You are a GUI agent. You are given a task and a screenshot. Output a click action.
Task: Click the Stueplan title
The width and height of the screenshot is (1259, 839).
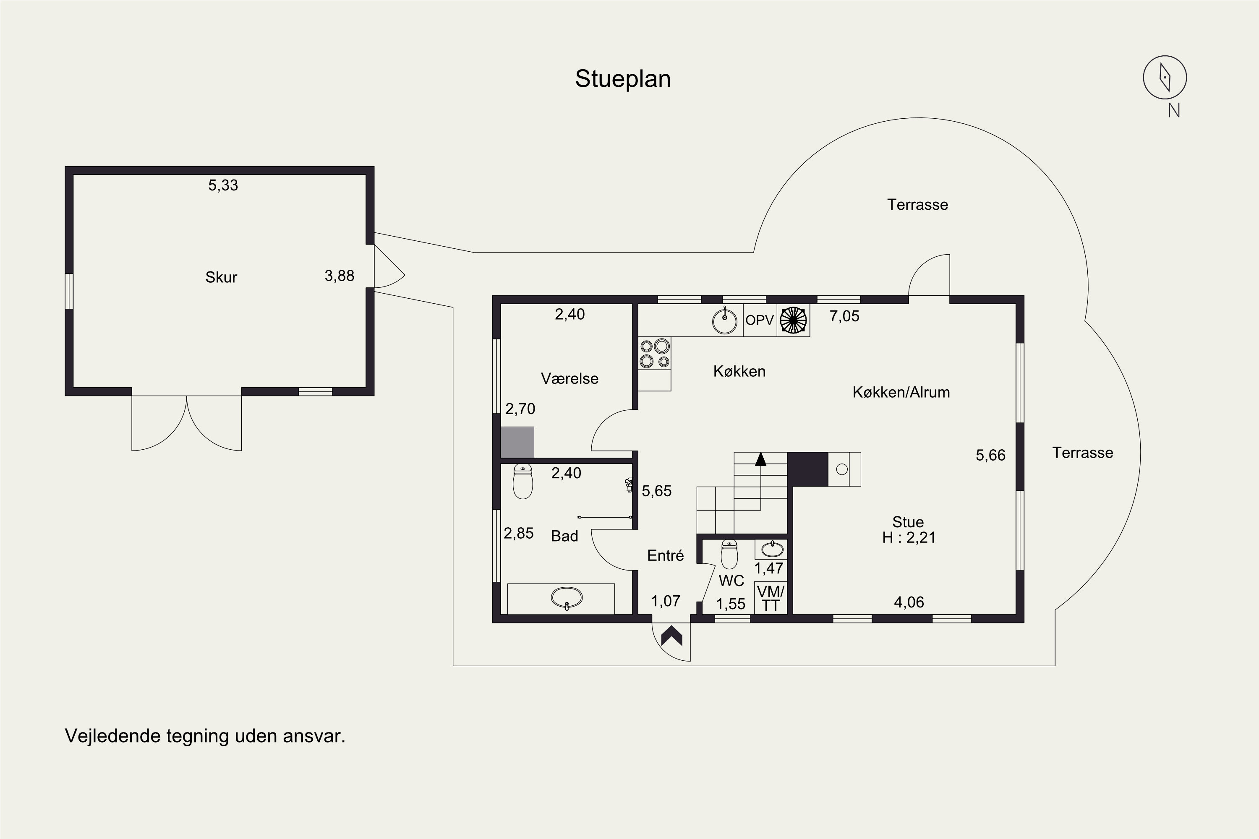[623, 79]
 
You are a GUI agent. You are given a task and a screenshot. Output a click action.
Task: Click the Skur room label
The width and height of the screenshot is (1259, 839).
[221, 277]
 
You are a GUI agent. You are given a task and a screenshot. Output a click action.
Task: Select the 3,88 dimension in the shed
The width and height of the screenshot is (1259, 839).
[340, 276]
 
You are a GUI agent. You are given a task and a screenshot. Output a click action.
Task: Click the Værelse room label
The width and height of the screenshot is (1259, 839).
[569, 379]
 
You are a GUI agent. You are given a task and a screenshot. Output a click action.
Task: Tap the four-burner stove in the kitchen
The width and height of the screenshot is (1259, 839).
[655, 354]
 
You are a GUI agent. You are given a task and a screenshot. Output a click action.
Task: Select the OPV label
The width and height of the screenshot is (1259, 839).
[760, 320]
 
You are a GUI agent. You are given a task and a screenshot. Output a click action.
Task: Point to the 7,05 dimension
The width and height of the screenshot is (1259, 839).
[844, 316]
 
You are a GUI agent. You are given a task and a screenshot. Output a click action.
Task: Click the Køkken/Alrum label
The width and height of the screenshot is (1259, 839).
[901, 392]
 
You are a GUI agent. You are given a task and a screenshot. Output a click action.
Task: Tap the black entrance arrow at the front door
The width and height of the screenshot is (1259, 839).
[671, 636]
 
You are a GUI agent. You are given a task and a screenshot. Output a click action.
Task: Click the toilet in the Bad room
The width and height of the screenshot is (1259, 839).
[522, 481]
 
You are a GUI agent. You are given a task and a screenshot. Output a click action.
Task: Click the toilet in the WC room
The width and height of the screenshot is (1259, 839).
[729, 554]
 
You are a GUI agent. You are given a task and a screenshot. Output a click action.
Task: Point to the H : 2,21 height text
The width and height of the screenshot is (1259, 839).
[909, 537]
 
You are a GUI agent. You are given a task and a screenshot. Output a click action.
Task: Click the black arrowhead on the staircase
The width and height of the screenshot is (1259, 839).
[760, 459]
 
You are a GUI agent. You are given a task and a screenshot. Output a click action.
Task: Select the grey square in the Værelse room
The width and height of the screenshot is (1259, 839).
[517, 442]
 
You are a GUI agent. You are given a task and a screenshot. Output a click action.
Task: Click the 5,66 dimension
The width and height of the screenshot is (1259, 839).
[990, 455]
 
